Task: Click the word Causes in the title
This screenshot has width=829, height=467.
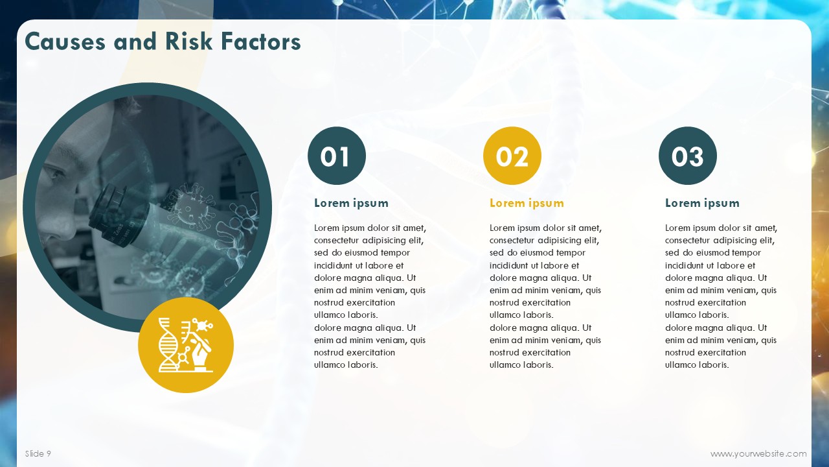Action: [x=65, y=41]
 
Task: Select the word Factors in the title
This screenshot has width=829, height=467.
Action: [x=261, y=41]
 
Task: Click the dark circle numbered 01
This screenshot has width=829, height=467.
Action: [x=337, y=156]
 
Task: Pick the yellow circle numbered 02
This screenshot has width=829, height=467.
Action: [x=512, y=156]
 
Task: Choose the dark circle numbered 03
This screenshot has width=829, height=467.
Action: [x=688, y=156]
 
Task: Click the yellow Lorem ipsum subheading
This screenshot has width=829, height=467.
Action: [x=527, y=203]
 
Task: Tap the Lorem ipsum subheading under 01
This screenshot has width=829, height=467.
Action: [x=351, y=203]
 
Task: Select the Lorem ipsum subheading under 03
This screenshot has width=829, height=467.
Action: [x=702, y=203]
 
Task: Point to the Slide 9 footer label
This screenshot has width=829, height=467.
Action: [x=38, y=453]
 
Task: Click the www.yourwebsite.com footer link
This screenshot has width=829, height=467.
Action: [x=758, y=453]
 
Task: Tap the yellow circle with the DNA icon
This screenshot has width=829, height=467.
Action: [x=186, y=345]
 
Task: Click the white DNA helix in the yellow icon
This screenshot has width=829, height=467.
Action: [x=168, y=344]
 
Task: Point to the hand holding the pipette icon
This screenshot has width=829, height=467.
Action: [x=200, y=353]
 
